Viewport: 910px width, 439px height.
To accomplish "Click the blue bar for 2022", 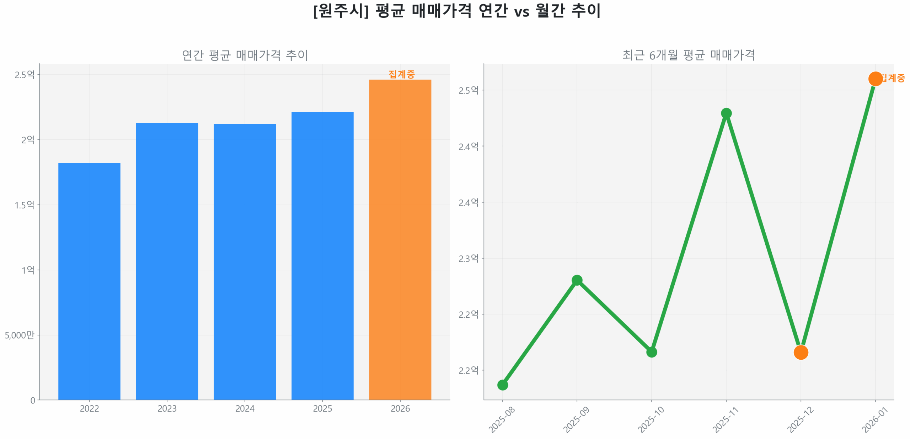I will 89,281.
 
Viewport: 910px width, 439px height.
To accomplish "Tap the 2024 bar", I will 245,261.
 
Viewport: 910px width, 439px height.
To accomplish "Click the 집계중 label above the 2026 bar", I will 401,74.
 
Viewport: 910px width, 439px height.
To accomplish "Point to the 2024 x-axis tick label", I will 245,408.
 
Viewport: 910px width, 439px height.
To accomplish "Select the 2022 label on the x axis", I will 89,408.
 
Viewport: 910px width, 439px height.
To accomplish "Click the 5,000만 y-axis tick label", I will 20,335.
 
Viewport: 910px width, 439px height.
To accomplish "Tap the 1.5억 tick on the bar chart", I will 24,205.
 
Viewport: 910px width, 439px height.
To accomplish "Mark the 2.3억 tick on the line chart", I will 468,258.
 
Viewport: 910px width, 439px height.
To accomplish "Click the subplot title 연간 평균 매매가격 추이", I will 245,55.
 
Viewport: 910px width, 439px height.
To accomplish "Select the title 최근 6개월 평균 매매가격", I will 688,55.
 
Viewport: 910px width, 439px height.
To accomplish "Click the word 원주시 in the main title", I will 341,11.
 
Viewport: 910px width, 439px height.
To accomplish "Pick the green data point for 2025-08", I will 502,385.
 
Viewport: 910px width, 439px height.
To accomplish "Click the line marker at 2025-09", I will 577,280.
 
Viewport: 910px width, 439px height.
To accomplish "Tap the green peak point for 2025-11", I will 726,113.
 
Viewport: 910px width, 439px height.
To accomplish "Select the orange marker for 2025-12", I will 801,352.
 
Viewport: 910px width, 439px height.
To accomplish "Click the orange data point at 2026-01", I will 875,79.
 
